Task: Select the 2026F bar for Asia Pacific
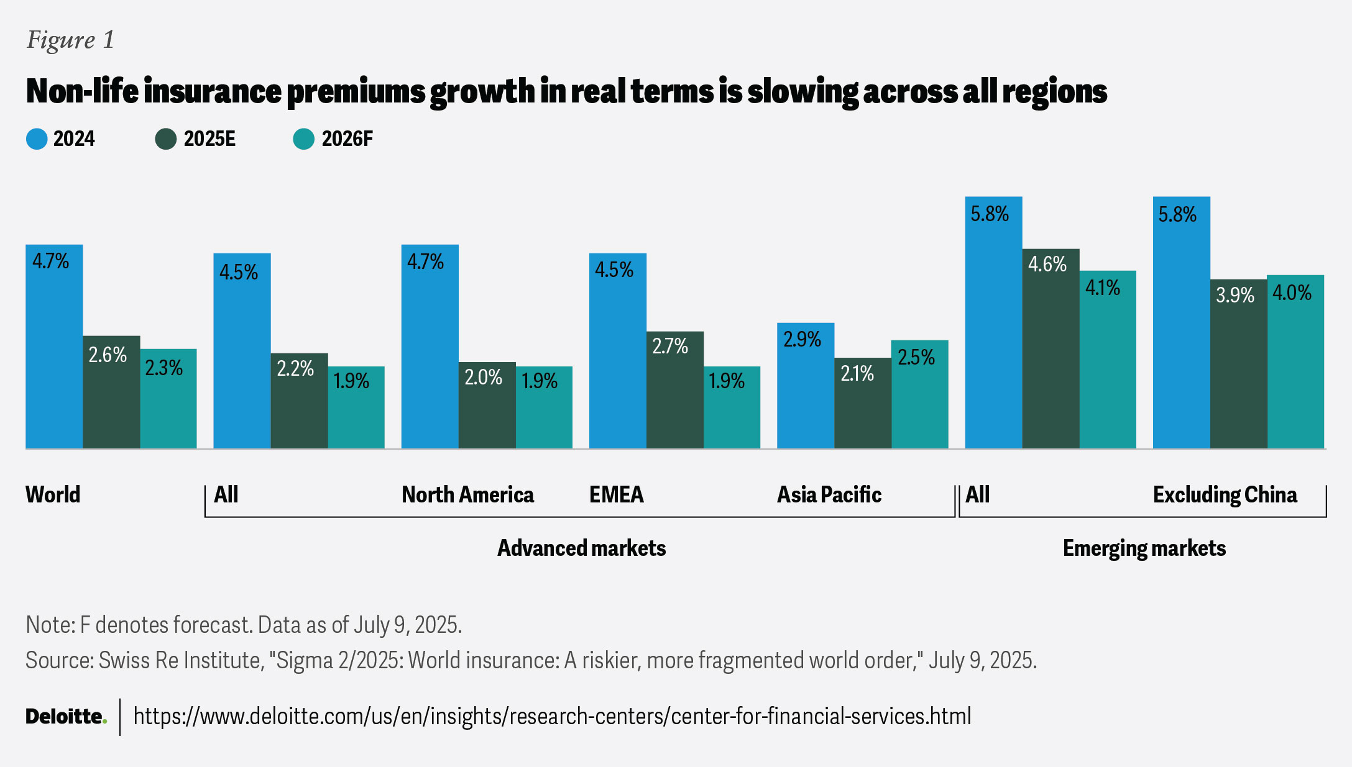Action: tap(919, 394)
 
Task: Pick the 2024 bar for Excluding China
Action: tap(1181, 323)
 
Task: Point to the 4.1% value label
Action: tap(1102, 288)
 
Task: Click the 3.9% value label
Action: tap(1235, 295)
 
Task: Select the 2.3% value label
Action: tap(163, 368)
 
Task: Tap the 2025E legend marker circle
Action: tap(166, 139)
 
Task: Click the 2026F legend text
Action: tap(347, 139)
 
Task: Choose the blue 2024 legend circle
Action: tap(37, 139)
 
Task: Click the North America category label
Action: tap(467, 495)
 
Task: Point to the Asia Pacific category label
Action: tap(829, 495)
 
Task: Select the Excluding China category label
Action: tap(1225, 495)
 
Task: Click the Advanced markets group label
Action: tap(581, 548)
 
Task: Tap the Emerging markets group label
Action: tap(1144, 548)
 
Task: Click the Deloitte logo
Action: tap(66, 717)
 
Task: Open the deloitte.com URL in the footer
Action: tap(552, 717)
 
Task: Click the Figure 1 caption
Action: tap(70, 40)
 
